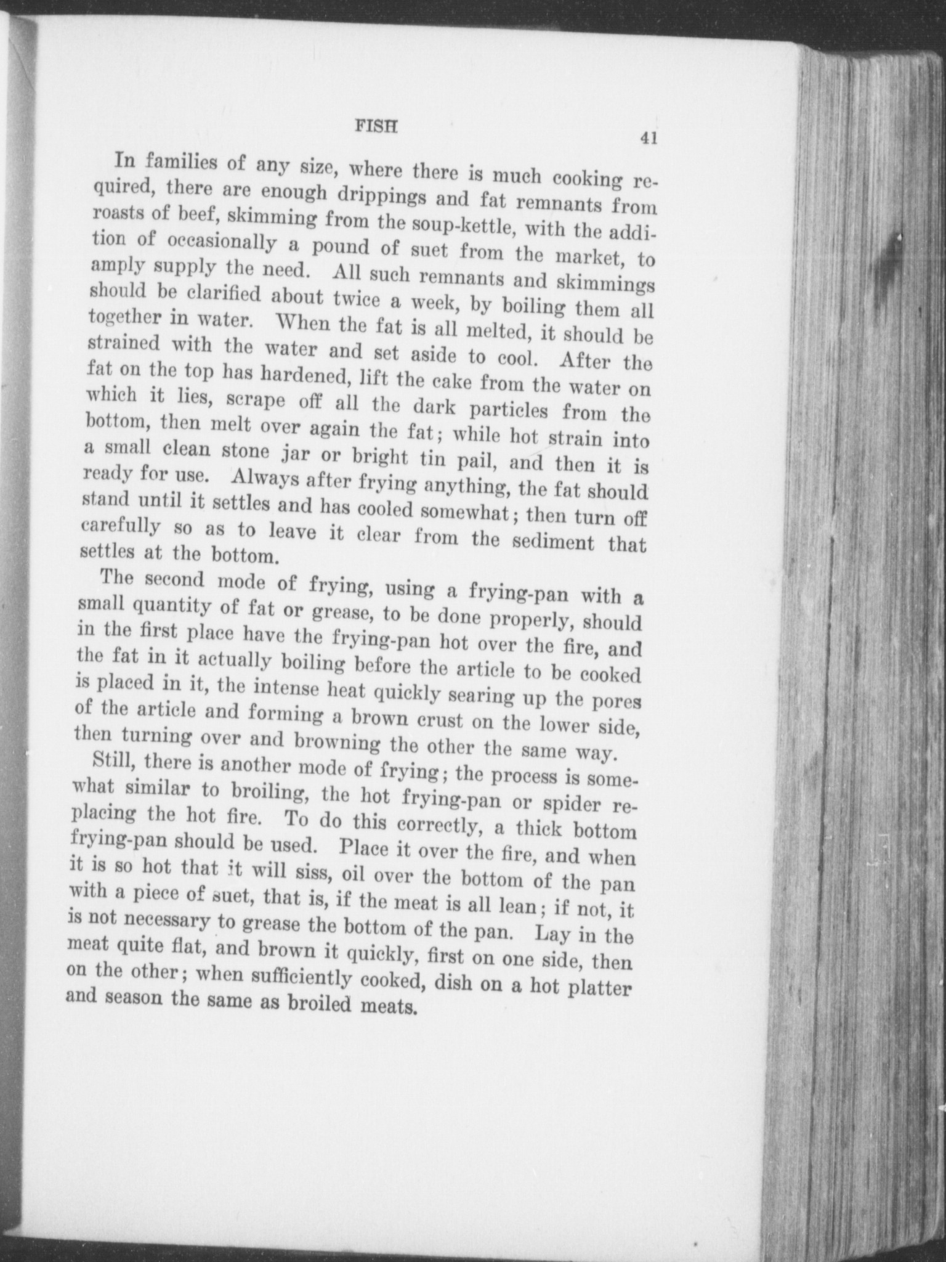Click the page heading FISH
tap(376, 126)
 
